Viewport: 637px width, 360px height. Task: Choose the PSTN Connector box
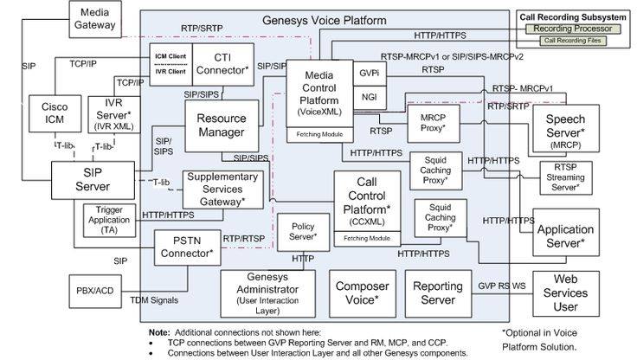tap(187, 247)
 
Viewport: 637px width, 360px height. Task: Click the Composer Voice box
tap(361, 292)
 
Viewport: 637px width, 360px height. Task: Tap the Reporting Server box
tap(438, 292)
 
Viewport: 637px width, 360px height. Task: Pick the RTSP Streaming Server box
tap(565, 176)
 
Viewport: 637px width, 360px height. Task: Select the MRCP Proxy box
tap(433, 123)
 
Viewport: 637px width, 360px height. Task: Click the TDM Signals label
tap(152, 300)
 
